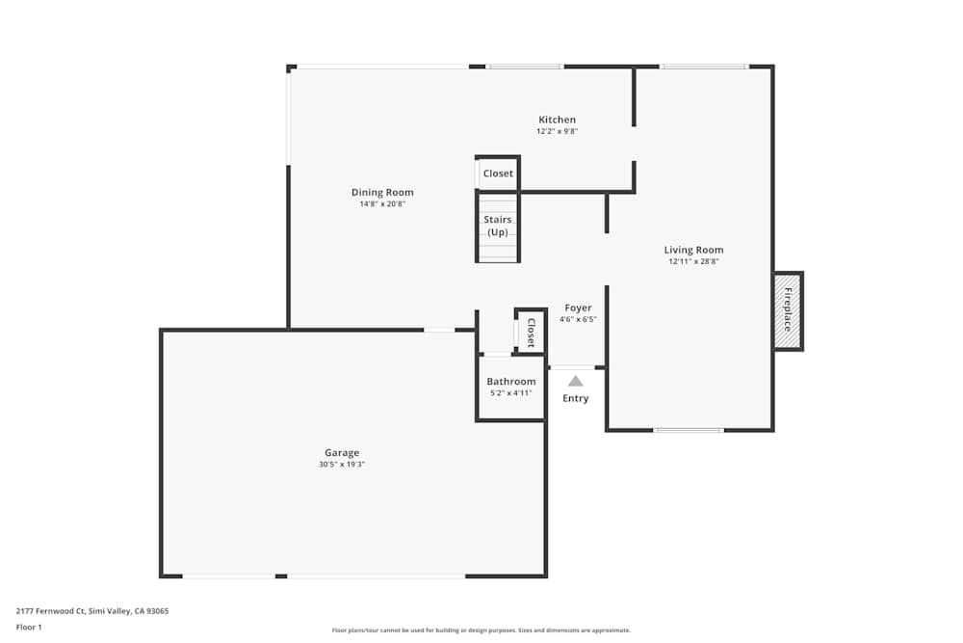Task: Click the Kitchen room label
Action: [557, 120]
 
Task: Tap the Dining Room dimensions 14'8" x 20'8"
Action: [382, 204]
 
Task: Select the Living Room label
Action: [693, 250]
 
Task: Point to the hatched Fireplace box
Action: [787, 310]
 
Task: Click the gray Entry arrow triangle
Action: [575, 381]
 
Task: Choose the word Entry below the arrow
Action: [575, 399]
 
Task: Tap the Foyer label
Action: [578, 308]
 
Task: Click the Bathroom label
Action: [510, 382]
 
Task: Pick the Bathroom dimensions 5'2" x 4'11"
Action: [510, 393]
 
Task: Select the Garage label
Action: [342, 452]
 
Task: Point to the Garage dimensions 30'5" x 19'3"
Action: [342, 465]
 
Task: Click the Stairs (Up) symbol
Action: [498, 227]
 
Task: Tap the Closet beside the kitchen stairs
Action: [498, 174]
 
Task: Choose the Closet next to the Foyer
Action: [531, 332]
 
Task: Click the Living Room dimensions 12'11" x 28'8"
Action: [693, 262]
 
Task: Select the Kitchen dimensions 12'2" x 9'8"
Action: [557, 131]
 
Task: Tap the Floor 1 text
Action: [29, 627]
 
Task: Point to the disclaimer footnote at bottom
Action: [481, 630]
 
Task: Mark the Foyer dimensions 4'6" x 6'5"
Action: [578, 319]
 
